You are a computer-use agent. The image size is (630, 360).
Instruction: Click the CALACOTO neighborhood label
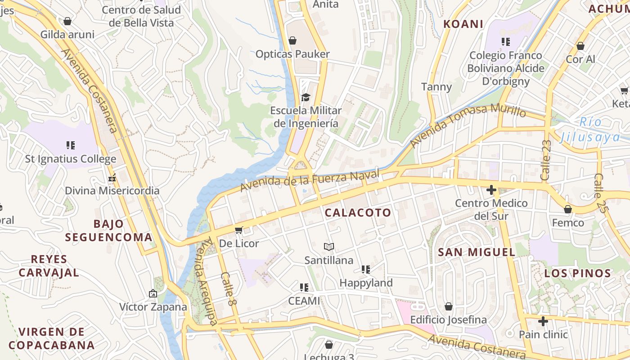[358, 213]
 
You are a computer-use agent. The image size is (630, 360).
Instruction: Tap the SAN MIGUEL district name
[477, 252]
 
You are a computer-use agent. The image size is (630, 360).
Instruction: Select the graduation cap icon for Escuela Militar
[306, 97]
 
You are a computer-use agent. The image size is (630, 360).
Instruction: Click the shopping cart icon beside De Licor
[239, 230]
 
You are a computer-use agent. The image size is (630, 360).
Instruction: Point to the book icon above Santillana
[329, 247]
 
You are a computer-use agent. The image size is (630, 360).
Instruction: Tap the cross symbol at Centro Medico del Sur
[491, 190]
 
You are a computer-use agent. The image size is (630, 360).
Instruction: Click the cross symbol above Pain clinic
[543, 321]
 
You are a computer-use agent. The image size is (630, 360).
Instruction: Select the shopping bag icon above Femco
[568, 209]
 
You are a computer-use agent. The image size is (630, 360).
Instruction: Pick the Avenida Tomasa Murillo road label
[468, 124]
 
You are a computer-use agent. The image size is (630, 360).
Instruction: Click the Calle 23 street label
[546, 160]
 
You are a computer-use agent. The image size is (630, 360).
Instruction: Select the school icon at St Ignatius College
[71, 145]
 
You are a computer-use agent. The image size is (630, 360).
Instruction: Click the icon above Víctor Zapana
[153, 293]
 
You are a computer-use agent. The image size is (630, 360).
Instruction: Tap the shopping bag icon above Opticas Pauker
[292, 40]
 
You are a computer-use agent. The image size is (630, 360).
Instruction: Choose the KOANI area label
[463, 24]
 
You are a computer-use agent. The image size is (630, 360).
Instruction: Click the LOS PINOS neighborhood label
[577, 273]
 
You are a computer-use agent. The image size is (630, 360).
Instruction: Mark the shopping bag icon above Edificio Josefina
[449, 306]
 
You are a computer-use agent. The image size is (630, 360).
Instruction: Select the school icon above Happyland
[366, 270]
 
